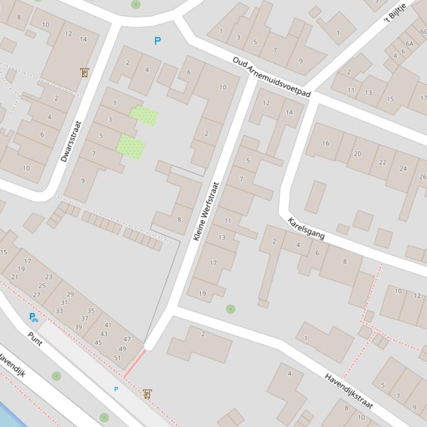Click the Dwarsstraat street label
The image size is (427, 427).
71,141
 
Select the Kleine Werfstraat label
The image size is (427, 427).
206,211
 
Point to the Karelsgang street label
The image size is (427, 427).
306,228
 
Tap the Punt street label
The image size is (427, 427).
35,338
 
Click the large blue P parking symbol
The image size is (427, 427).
158,41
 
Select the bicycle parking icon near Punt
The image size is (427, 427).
33,317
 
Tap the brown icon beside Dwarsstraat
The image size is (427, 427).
84,73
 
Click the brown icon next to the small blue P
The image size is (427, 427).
147,394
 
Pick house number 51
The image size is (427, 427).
117,358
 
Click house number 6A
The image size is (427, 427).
409,44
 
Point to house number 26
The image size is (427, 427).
423,177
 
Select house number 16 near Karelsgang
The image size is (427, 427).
325,143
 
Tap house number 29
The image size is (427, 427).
70,294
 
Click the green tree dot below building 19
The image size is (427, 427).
230,309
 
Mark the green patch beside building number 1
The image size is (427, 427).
144,115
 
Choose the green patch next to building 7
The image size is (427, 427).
131,148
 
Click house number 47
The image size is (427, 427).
127,339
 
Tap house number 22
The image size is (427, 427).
382,162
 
